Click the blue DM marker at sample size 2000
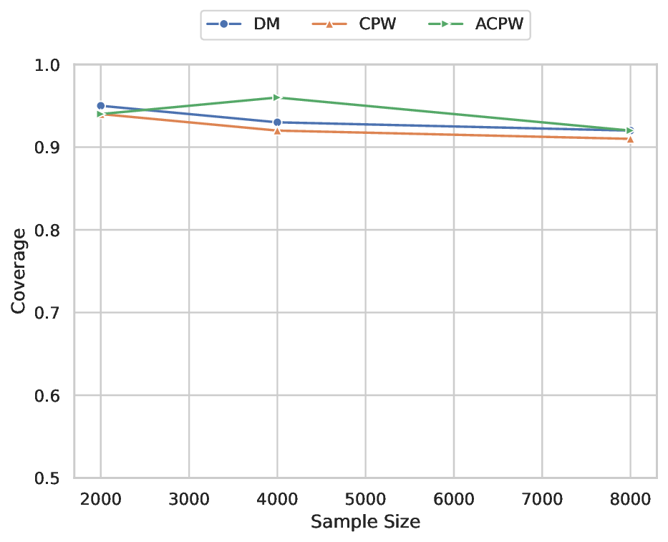(x=101, y=106)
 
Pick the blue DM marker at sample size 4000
(x=277, y=122)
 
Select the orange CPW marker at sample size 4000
(x=277, y=130)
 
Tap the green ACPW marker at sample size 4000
(x=277, y=97)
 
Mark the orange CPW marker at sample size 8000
(x=630, y=139)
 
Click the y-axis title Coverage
(x=19, y=271)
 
